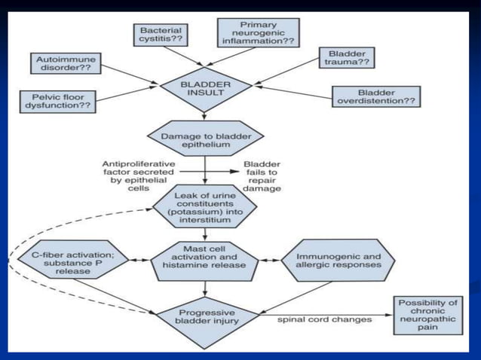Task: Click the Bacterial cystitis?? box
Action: tap(159, 35)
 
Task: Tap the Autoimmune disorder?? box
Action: tap(66, 63)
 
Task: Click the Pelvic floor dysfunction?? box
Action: tap(63, 102)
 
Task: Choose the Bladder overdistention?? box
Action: tap(375, 96)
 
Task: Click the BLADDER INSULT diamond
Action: tap(205, 87)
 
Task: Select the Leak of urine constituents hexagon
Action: tap(205, 208)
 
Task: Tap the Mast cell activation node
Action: tap(205, 259)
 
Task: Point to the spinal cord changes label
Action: tap(324, 319)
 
